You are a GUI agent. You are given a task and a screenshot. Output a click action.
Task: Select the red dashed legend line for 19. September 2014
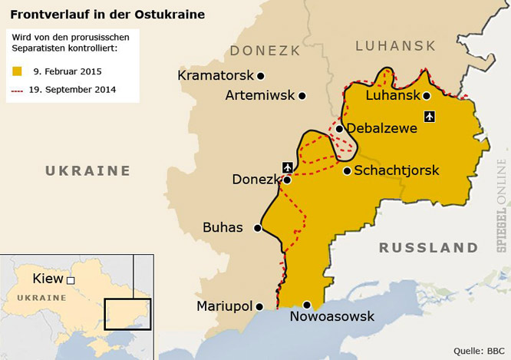(x=17, y=90)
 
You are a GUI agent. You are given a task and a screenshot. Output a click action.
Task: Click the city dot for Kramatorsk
(x=261, y=76)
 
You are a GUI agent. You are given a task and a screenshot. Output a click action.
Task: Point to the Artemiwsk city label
(x=260, y=96)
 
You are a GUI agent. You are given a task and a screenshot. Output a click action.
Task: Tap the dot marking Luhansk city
(x=427, y=96)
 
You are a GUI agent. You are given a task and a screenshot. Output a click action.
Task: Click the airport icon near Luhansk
(x=429, y=116)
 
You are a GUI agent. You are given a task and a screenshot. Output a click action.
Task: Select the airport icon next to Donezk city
(x=288, y=167)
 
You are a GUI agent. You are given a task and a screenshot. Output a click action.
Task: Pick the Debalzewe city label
(x=382, y=128)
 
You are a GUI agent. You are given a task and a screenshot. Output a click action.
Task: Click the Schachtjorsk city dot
(x=347, y=170)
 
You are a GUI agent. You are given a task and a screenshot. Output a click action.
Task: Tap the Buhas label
(x=223, y=228)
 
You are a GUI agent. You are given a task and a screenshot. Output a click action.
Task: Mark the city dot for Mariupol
(x=259, y=306)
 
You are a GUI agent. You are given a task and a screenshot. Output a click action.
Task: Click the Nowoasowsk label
(x=331, y=316)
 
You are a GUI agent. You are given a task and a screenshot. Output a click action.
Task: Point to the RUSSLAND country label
(x=428, y=248)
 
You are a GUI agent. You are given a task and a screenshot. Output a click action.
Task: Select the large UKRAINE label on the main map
(x=87, y=170)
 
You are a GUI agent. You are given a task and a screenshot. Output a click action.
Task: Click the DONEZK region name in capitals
(x=264, y=51)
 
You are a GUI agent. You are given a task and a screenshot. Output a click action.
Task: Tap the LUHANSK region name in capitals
(x=394, y=46)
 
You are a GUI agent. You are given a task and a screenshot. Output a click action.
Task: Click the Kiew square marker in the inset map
(x=71, y=280)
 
